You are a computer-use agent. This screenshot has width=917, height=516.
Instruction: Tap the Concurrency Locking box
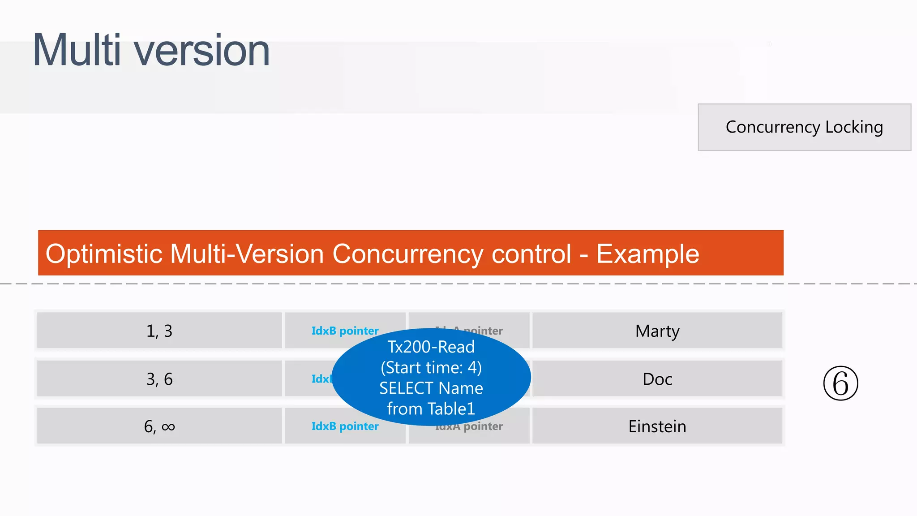click(804, 127)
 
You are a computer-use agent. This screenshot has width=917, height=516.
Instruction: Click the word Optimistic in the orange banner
click(103, 254)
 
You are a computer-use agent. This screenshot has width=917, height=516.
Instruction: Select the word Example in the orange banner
click(647, 254)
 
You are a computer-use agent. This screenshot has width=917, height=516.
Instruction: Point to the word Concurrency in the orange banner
click(407, 254)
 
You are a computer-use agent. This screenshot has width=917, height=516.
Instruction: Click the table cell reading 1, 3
click(159, 331)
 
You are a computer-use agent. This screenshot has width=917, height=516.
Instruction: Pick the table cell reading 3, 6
click(159, 379)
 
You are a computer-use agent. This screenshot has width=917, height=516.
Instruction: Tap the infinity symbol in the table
click(168, 427)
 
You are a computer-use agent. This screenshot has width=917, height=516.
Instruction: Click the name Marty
click(657, 331)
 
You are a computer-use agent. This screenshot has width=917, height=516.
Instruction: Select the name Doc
click(657, 379)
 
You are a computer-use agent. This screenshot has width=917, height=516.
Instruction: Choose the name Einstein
click(657, 426)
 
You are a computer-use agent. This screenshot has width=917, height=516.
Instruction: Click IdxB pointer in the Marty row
click(345, 331)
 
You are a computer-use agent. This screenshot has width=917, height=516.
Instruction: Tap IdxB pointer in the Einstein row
click(345, 426)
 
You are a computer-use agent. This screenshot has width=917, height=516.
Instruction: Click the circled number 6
click(840, 383)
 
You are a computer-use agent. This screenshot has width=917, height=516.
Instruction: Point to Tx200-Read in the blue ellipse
click(431, 347)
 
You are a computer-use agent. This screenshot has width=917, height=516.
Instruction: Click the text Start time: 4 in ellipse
click(431, 368)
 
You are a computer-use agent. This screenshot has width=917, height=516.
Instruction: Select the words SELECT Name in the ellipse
click(431, 388)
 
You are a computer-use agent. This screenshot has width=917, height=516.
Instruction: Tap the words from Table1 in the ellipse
click(431, 409)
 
